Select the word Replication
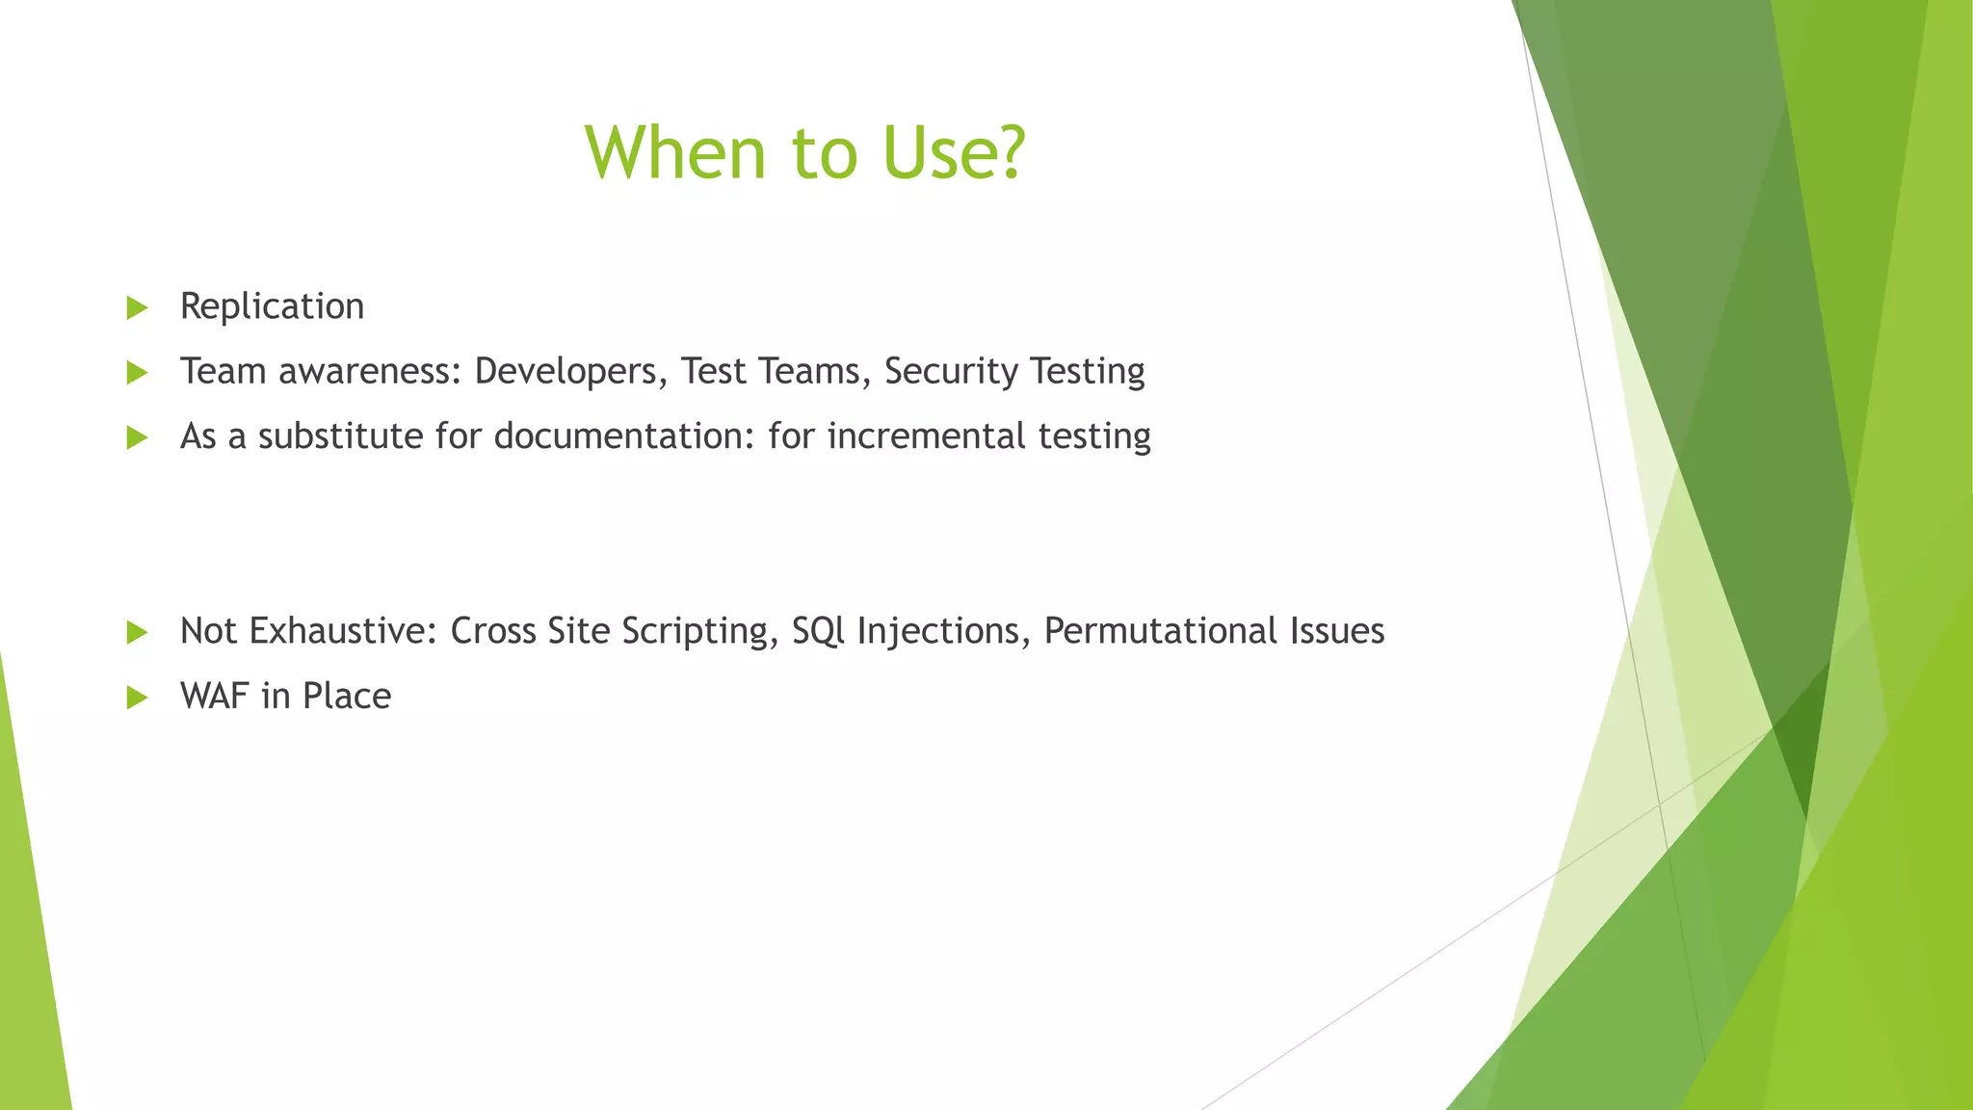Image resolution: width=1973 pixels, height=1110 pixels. [272, 306]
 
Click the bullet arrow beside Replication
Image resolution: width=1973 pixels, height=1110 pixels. [137, 308]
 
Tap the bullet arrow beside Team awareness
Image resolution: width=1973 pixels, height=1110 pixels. [137, 373]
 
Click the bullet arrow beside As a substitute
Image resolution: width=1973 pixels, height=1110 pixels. [137, 438]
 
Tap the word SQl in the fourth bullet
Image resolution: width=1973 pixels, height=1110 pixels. [818, 631]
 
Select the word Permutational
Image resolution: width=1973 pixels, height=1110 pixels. [1153, 631]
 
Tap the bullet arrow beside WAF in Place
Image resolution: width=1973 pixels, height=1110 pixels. [137, 698]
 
